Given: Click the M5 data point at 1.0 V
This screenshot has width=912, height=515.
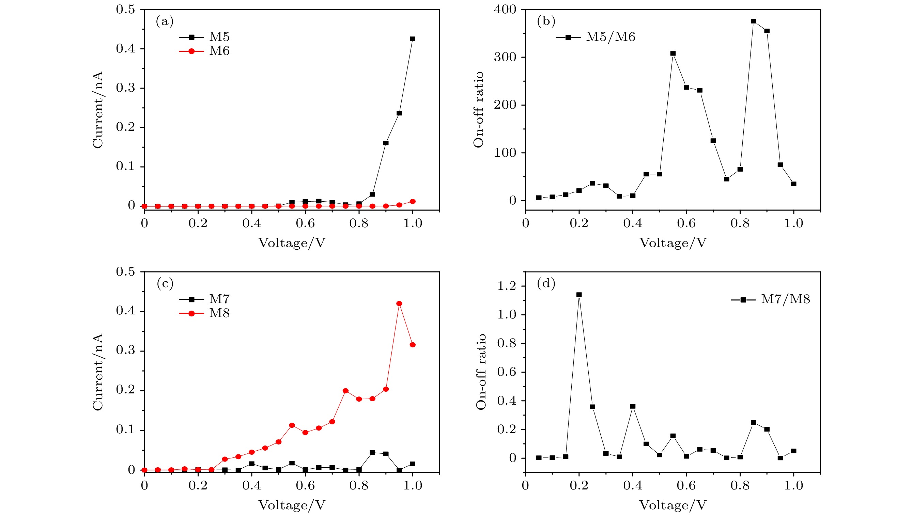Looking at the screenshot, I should [413, 39].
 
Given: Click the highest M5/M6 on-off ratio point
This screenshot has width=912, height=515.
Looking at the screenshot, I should [753, 21].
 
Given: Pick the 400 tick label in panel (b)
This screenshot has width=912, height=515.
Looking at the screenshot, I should [505, 10].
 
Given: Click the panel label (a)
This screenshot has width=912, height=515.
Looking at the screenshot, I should [165, 21].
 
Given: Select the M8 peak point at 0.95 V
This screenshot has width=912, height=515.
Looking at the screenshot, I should [399, 303].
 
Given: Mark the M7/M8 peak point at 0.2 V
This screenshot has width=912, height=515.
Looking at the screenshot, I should [579, 295].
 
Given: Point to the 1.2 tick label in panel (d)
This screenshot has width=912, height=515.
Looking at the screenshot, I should [507, 286].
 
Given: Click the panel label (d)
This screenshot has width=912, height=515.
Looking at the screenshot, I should [546, 283].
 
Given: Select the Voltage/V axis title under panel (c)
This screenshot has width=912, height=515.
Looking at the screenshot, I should [292, 505].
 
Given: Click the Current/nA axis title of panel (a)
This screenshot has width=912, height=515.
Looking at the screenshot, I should [98, 110].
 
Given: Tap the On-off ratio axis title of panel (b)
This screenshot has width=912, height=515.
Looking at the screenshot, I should [478, 110].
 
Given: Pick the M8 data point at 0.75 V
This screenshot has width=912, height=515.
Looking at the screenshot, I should [345, 391].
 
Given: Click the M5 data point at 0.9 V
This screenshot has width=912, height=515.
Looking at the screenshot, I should [386, 143].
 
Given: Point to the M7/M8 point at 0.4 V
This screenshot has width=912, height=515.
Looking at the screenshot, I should [633, 406].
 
